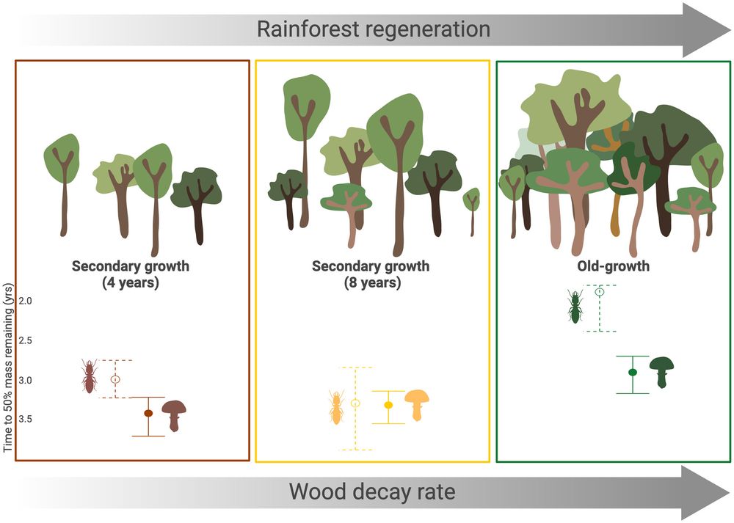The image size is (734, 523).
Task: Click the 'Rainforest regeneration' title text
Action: tap(374, 29)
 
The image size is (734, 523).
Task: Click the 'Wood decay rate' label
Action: tap(372, 491)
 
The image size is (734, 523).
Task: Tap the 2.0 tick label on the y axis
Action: tap(25, 301)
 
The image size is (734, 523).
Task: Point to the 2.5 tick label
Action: tap(25, 340)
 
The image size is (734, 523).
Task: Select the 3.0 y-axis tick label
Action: tap(25, 380)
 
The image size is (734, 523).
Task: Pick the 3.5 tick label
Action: tap(25, 419)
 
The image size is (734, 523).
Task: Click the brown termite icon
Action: tap(89, 376)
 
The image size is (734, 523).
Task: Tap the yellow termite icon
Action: tap(335, 407)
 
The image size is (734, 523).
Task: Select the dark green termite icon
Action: tap(575, 307)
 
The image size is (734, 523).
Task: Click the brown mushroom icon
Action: tap(174, 415)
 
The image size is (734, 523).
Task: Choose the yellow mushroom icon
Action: tap(417, 405)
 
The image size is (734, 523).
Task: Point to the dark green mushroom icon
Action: tap(661, 373)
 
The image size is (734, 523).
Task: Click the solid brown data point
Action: tap(148, 413)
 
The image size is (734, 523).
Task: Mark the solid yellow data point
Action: tap(388, 405)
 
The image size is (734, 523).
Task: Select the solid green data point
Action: tap(633, 373)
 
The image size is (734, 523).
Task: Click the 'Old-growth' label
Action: tap(613, 266)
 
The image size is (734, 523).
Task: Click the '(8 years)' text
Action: tap(373, 282)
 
